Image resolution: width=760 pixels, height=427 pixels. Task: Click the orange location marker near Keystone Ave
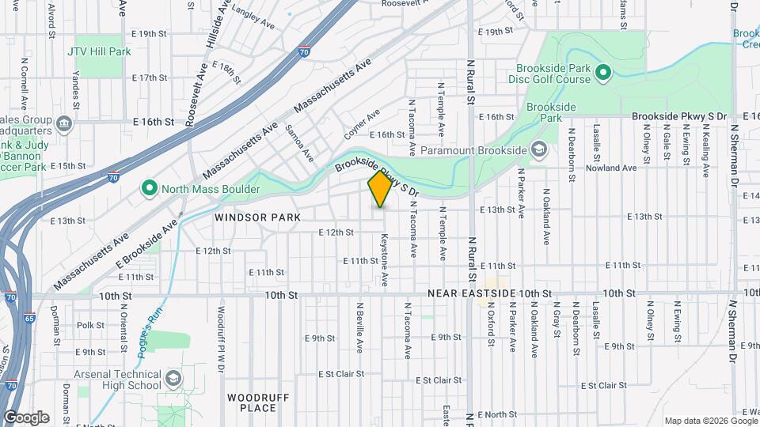pos(380,189)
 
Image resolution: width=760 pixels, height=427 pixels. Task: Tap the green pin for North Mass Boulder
pos(148,188)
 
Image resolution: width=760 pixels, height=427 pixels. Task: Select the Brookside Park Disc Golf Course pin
pos(602,74)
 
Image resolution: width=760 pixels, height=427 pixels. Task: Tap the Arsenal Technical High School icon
pos(172,379)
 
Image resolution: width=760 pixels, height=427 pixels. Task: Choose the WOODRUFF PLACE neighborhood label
pos(252,402)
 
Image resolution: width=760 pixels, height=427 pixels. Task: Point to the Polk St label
pos(91,325)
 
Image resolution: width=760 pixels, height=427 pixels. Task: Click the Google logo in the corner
pos(26,418)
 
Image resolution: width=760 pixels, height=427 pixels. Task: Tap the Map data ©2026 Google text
pos(709,421)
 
